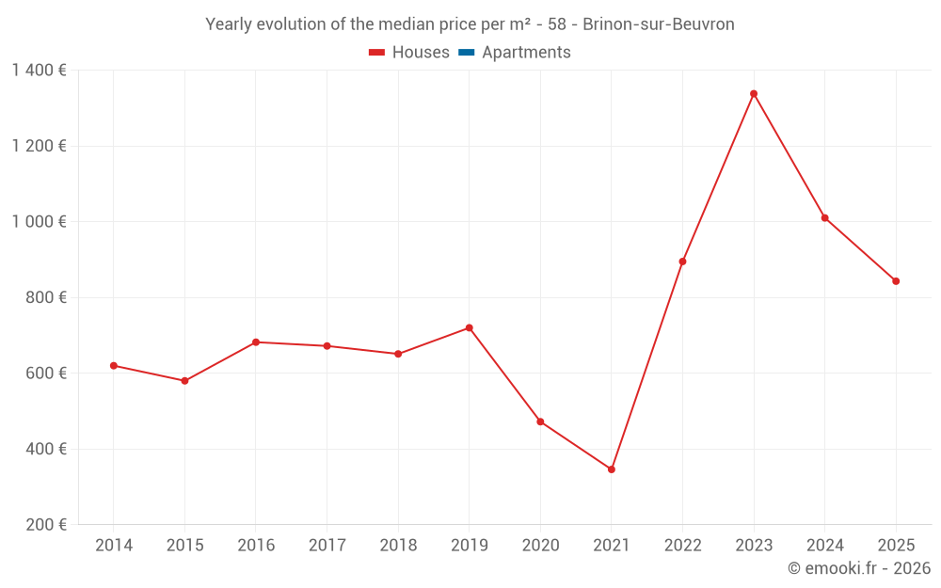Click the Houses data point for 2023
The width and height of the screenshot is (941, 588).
pyautogui.click(x=754, y=94)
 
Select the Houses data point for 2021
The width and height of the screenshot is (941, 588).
pyautogui.click(x=612, y=469)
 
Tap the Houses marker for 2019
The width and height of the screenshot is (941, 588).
pyautogui.click(x=469, y=327)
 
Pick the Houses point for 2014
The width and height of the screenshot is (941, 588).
pyautogui.click(x=114, y=365)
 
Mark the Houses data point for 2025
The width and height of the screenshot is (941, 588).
pyautogui.click(x=896, y=281)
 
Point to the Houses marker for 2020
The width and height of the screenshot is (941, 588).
pyautogui.click(x=540, y=421)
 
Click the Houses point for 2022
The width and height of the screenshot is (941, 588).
pyautogui.click(x=682, y=262)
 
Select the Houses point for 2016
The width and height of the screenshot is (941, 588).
pyautogui.click(x=256, y=342)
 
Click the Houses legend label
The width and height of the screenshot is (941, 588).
pyautogui.click(x=421, y=53)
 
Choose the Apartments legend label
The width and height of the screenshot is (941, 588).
pyautogui.click(x=526, y=53)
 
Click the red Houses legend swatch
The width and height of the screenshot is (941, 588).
pyautogui.click(x=376, y=53)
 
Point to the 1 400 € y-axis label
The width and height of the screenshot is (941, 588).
pyautogui.click(x=39, y=71)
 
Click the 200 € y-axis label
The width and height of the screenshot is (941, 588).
pyautogui.click(x=45, y=525)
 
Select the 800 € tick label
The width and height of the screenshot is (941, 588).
pyautogui.click(x=45, y=297)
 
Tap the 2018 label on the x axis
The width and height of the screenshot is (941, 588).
pyautogui.click(x=398, y=546)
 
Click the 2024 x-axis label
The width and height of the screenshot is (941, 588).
pyautogui.click(x=824, y=546)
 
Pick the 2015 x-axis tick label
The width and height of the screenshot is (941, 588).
pyautogui.click(x=184, y=546)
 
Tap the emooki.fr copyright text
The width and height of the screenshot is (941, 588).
pyautogui.click(x=858, y=568)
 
